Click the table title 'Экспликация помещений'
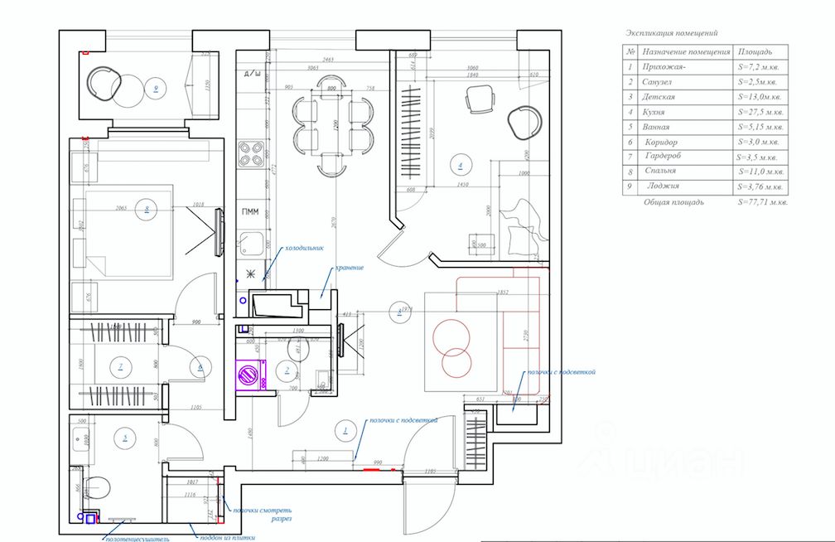(671, 34)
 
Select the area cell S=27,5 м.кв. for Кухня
(760, 112)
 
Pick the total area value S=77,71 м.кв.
(762, 201)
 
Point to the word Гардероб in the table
(666, 157)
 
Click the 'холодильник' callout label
(302, 248)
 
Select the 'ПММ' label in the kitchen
(250, 212)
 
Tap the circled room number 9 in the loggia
(153, 86)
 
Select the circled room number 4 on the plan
(461, 164)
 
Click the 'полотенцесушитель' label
(137, 538)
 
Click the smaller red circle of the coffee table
(455, 364)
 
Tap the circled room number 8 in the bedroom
(146, 211)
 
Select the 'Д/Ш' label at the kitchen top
(252, 75)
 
